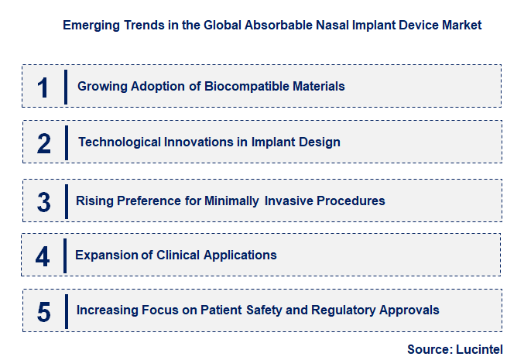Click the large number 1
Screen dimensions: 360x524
click(43, 87)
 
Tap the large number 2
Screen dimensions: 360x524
click(44, 143)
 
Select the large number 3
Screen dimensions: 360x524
click(44, 201)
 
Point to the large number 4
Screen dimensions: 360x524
click(43, 256)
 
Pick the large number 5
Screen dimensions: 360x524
click(44, 311)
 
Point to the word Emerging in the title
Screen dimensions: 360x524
click(89, 26)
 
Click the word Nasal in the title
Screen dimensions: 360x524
click(324, 26)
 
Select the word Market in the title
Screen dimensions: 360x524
click(461, 26)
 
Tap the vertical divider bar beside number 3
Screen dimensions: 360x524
click(67, 201)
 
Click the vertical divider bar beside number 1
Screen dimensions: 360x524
click(67, 86)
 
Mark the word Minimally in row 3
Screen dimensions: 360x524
click(232, 201)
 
